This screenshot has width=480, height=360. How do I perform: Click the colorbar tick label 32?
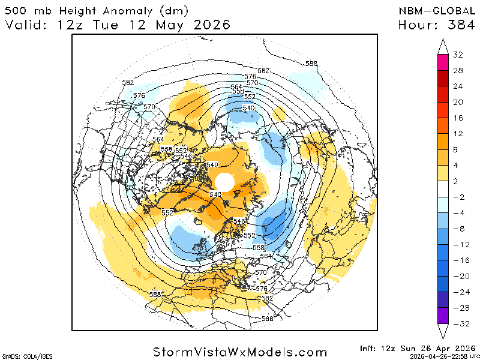point(458,55)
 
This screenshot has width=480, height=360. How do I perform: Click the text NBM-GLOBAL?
point(434,11)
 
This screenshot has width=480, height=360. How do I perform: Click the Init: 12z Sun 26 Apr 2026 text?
point(418,348)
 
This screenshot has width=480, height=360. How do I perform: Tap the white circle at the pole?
point(224,181)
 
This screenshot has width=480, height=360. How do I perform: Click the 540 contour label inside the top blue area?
point(248,108)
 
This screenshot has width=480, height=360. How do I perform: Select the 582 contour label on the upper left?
point(127,82)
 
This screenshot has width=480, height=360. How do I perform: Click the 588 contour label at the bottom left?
point(155,294)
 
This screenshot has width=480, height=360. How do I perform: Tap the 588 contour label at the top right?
point(311,64)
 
